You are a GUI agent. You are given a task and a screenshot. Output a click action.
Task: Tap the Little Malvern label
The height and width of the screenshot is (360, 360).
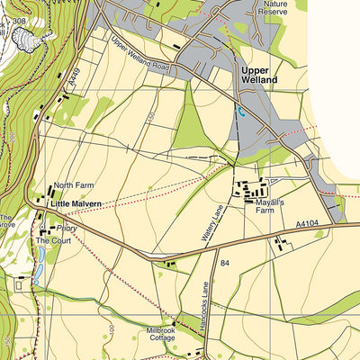coord(76,204)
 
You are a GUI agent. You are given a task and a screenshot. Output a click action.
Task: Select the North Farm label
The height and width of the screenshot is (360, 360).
coord(73,186)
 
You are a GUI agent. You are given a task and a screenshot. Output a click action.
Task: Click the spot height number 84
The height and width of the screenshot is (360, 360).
coord(226,263)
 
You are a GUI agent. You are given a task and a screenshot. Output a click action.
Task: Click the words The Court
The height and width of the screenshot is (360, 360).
coord(52,241)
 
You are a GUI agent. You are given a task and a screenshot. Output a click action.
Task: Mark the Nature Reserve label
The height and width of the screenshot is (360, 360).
coord(272,9)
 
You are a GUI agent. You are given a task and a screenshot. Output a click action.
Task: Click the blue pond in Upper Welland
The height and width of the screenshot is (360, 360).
coord(240,112)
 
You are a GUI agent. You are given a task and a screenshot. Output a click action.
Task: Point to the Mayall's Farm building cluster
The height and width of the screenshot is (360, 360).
coord(252,190)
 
